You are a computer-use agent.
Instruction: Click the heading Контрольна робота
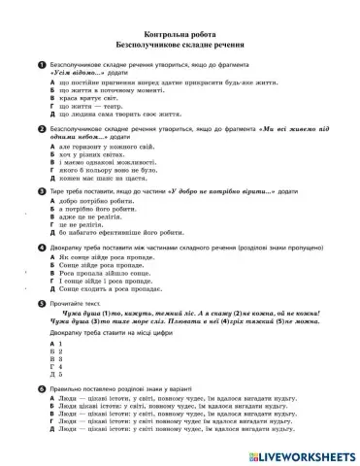(180, 33)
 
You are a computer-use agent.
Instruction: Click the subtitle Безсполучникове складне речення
(180, 45)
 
